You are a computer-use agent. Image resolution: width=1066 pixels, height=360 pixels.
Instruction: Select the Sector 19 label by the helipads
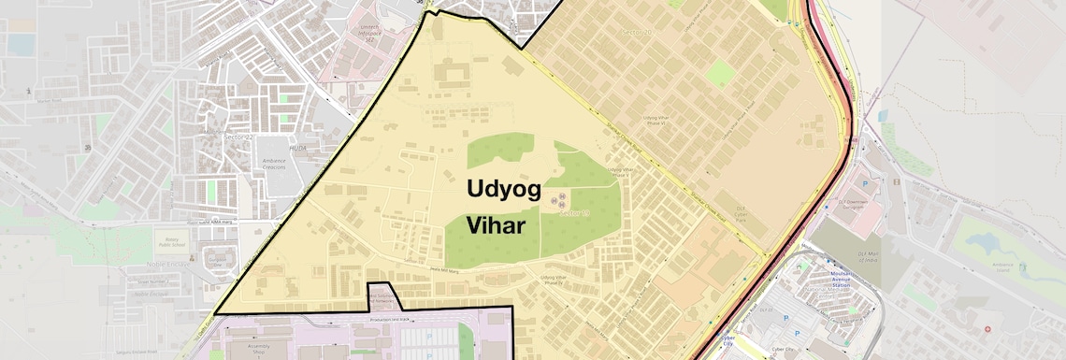[x=576, y=213]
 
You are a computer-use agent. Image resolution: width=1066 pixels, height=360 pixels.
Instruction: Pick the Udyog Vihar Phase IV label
[x=561, y=280]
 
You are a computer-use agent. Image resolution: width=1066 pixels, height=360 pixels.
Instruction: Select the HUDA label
[x=271, y=148]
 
